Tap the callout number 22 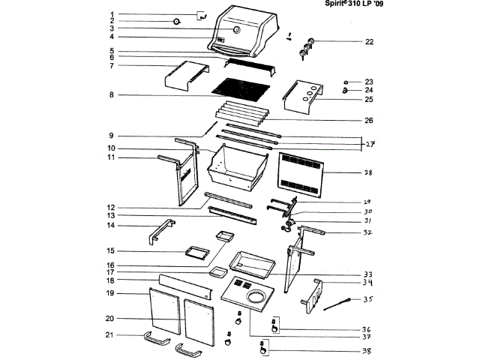369,42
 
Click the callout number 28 368,173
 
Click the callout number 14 109,225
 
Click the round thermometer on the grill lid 235,30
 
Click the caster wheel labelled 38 263,348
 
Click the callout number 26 367,120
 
